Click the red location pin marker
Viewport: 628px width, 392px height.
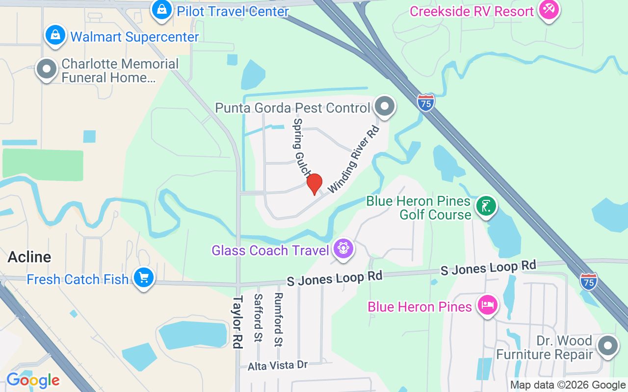pyautogui.click(x=314, y=184)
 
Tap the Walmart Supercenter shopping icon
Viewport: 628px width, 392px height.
pyautogui.click(x=56, y=35)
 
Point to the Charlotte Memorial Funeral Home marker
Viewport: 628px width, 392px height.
pyautogui.click(x=47, y=70)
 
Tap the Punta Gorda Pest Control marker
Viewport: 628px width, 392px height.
pyautogui.click(x=385, y=106)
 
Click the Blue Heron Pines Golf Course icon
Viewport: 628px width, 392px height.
pyautogui.click(x=486, y=206)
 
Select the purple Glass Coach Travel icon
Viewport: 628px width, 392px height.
pyautogui.click(x=343, y=249)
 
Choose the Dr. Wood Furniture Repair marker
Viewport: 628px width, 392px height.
pyautogui.click(x=608, y=346)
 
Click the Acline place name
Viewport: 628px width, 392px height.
pyautogui.click(x=29, y=257)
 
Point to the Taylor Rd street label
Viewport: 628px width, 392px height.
pyautogui.click(x=238, y=322)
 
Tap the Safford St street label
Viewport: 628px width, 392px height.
pyautogui.click(x=258, y=318)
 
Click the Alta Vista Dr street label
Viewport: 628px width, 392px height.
pyautogui.click(x=278, y=366)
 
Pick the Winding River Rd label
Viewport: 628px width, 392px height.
pyautogui.click(x=354, y=159)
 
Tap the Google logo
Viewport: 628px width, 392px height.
pyautogui.click(x=33, y=380)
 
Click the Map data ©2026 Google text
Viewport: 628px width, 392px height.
pyautogui.click(x=568, y=385)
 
